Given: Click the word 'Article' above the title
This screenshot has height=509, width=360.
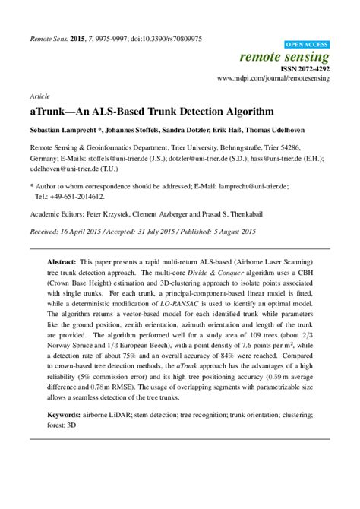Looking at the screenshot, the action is (39, 97).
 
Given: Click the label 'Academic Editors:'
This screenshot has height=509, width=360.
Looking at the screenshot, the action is (58, 214).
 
